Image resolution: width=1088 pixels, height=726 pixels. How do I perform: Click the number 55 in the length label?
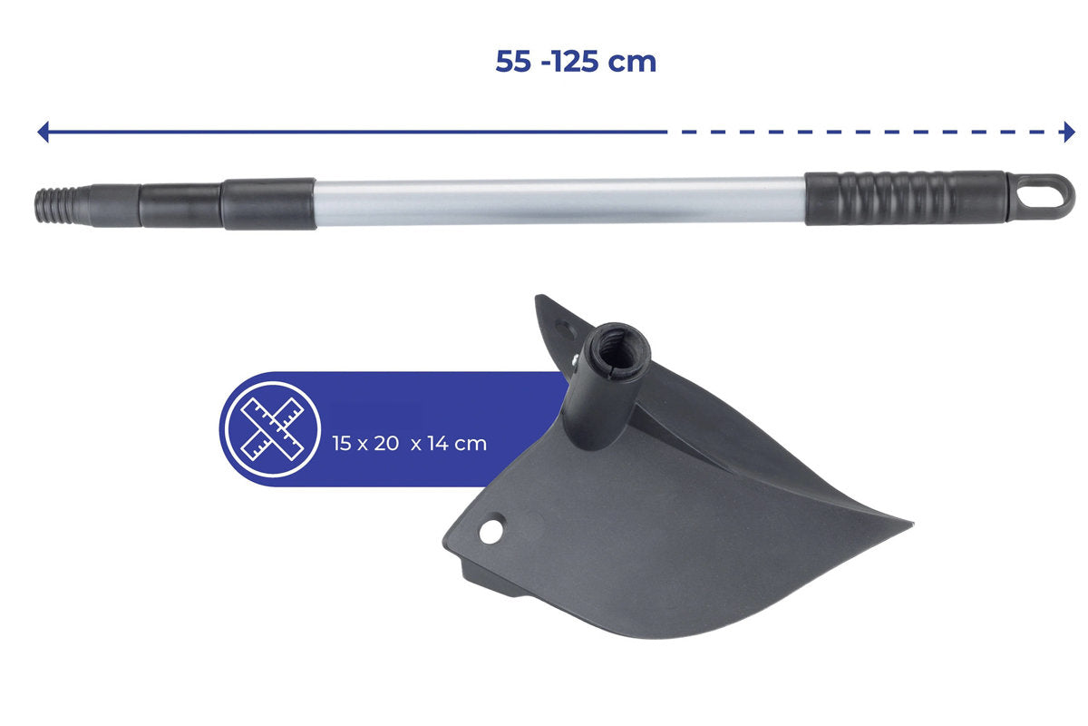[513, 62]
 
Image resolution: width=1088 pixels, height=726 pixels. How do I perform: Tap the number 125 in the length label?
[574, 62]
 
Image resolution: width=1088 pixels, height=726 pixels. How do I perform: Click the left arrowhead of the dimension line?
[44, 132]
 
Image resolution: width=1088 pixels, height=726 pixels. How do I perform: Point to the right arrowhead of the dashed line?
[1069, 132]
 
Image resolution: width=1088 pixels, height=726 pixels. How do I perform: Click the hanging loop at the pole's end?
[1041, 197]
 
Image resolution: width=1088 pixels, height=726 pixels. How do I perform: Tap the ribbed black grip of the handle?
[905, 198]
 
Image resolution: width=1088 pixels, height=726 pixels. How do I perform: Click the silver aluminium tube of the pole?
[560, 201]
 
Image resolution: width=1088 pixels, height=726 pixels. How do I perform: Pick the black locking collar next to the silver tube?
[268, 204]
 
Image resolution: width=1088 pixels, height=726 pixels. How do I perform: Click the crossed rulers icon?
[273, 429]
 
